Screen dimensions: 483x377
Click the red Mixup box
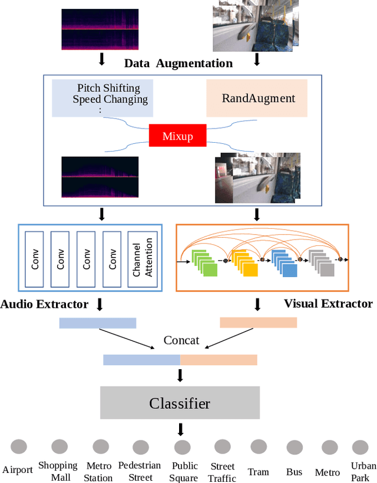(177, 136)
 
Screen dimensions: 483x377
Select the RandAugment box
(257, 98)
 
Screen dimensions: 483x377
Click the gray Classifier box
(180, 403)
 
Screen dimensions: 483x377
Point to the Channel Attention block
(143, 258)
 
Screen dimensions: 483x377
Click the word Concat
(181, 340)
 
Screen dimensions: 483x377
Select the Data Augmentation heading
(178, 63)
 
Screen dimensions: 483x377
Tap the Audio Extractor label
(44, 304)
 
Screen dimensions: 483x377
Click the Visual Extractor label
(328, 304)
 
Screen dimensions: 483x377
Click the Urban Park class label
(360, 471)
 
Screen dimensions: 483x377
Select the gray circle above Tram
(259, 446)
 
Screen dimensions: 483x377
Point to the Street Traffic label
(223, 472)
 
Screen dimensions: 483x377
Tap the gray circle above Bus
(293, 448)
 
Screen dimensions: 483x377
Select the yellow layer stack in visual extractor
(244, 262)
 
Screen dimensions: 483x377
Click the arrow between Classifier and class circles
(181, 429)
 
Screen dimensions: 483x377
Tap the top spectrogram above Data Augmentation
(100, 29)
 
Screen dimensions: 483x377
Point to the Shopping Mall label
(58, 471)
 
